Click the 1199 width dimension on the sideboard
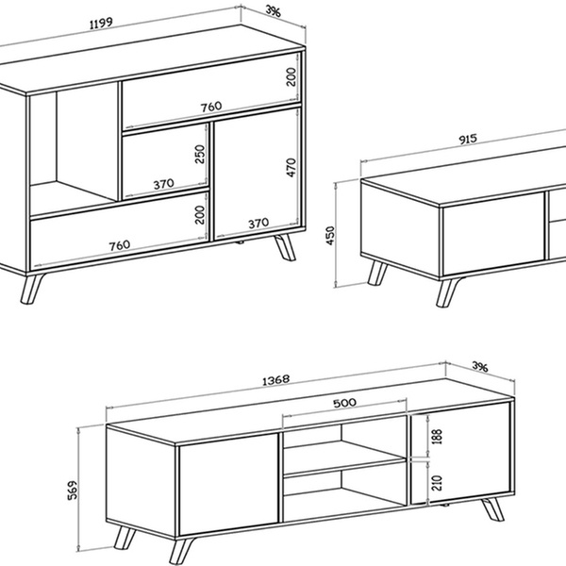(x=101, y=24)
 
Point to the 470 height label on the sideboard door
(x=291, y=168)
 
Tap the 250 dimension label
(x=200, y=154)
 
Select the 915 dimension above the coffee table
(x=468, y=139)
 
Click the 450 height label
(x=330, y=236)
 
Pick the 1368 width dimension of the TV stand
(x=275, y=380)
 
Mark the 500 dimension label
(x=344, y=403)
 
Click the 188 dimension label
(x=437, y=437)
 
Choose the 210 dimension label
(x=437, y=483)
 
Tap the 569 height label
(x=73, y=490)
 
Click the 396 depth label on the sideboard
(x=273, y=11)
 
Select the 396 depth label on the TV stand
(x=480, y=367)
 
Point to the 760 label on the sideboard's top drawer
(x=211, y=107)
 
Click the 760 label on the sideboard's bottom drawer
(x=120, y=246)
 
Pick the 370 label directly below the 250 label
(x=163, y=185)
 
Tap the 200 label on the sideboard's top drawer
(x=291, y=77)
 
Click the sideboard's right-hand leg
(x=286, y=247)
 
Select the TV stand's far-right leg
(x=493, y=509)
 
